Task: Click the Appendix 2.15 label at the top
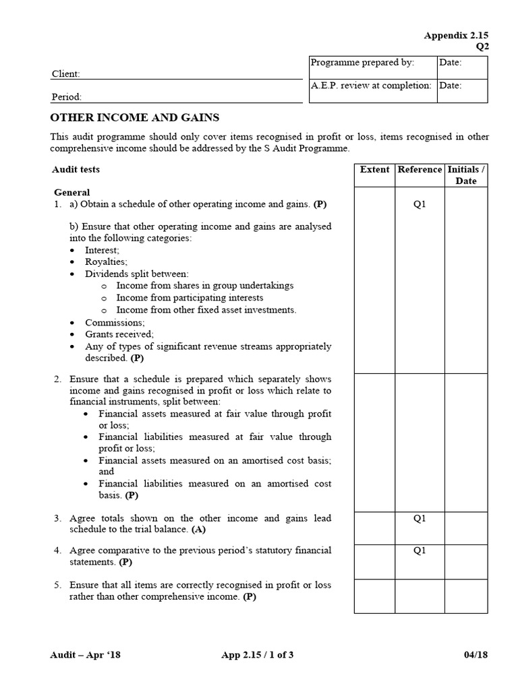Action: pos(455,35)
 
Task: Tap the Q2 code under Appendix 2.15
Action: pos(482,46)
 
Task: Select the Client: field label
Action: pos(66,74)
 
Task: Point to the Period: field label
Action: pos(67,97)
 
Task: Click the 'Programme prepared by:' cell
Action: pos(362,63)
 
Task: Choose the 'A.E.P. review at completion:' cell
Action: pos(370,86)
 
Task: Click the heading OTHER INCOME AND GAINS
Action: pos(135,117)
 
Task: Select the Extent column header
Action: pos(374,170)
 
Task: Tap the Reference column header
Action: pos(420,170)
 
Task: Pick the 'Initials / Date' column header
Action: pos(465,175)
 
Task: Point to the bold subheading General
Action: pos(71,192)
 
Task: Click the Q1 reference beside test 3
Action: pos(420,518)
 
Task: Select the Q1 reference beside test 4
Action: pos(420,551)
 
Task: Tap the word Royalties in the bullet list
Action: pos(106,261)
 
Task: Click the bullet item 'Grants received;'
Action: pos(119,334)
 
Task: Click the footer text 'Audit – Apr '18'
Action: pos(86,654)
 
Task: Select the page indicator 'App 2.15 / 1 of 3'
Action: pos(257,654)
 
